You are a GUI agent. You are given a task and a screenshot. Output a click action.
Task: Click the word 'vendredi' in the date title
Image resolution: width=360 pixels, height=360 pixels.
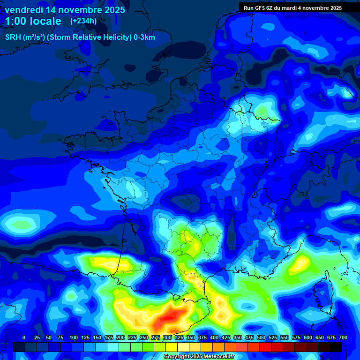[23, 10]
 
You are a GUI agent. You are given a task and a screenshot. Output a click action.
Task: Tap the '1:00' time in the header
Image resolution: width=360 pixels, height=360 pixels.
[16, 21]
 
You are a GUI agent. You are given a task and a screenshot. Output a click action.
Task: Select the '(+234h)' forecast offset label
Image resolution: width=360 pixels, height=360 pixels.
[83, 21]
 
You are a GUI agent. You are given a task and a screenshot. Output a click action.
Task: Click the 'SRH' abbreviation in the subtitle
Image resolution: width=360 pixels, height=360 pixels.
[13, 37]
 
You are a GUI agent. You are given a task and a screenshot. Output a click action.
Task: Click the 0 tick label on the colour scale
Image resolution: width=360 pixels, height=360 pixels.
[24, 337]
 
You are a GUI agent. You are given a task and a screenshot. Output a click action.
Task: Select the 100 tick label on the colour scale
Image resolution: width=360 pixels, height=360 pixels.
[74, 337]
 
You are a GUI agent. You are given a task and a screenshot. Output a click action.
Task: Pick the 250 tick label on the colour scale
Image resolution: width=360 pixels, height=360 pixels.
[144, 337]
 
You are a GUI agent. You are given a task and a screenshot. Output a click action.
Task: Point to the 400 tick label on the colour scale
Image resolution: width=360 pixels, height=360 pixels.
[214, 337]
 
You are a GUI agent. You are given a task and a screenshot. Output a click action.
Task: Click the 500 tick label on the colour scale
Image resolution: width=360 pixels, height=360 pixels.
[261, 337]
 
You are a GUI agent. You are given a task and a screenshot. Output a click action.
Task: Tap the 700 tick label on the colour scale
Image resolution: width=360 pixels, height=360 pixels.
[343, 337]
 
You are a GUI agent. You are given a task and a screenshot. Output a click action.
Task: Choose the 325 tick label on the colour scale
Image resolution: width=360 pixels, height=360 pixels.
[179, 337]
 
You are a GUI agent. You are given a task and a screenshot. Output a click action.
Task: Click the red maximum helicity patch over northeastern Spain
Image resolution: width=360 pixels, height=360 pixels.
[169, 319]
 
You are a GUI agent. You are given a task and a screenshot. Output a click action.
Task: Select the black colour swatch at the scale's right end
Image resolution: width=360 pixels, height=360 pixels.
[335, 347]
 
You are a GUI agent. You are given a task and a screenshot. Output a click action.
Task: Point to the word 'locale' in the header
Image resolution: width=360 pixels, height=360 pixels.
[45, 21]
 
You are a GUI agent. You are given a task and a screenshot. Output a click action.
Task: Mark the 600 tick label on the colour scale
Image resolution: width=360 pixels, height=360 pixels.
[308, 337]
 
